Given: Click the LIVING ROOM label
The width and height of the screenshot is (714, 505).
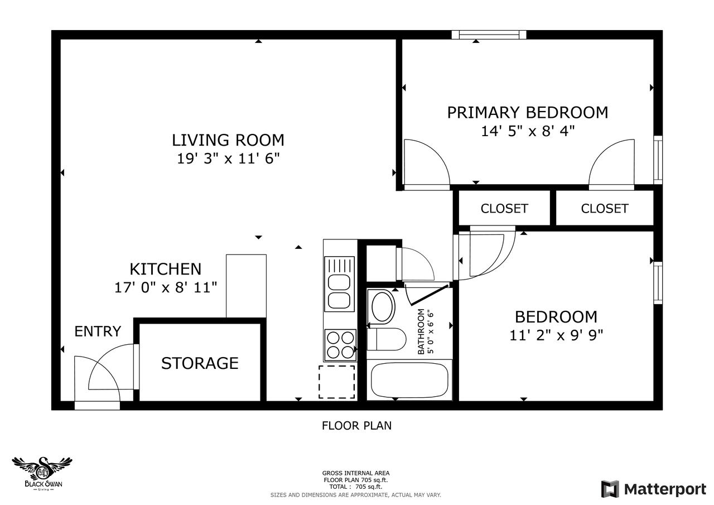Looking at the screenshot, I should [228, 140].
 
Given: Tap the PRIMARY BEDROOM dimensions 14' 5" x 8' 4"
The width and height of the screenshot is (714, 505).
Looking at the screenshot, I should [527, 131].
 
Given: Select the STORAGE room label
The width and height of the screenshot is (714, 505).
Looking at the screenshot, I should [200, 363].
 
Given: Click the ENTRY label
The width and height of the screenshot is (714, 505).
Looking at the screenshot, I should [98, 331].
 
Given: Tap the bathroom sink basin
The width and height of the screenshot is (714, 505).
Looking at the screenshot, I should [383, 306].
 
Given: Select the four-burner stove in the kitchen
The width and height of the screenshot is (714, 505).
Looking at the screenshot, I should [340, 345].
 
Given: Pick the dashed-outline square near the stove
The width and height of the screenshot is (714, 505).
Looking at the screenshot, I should [336, 382].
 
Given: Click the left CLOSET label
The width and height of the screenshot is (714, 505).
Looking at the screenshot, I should [504, 209].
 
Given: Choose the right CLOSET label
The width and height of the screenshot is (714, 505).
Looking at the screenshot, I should [605, 209].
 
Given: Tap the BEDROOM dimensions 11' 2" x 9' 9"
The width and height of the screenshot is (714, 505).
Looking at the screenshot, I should [556, 335].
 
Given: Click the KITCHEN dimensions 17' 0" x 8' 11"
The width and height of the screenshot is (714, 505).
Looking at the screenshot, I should [166, 288].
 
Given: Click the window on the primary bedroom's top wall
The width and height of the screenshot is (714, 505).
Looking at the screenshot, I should [489, 35].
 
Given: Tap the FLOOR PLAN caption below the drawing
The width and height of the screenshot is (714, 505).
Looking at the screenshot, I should [356, 426].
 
